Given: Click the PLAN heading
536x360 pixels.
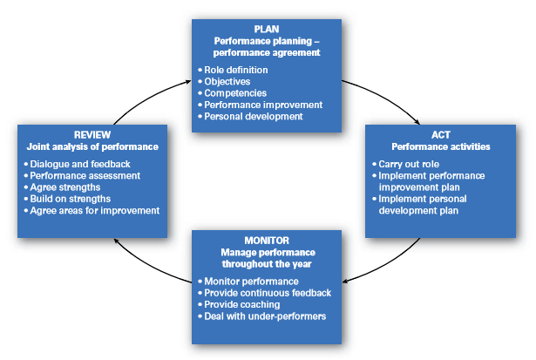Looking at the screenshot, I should tap(266, 28).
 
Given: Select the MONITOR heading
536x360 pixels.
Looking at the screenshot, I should tap(266, 240).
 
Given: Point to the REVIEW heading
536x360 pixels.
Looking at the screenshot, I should tap(92, 134).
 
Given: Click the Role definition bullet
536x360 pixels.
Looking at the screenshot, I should tap(235, 70).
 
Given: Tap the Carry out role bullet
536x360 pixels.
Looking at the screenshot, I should tap(410, 164).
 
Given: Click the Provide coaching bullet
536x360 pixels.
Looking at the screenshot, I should tap(241, 304).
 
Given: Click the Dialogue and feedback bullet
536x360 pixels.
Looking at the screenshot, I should tap(77, 164).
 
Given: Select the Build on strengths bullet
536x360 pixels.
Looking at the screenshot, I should tap(69, 198).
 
